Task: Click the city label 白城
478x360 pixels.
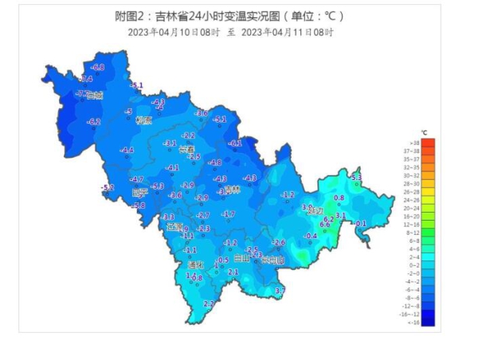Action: pyautogui.click(x=94, y=96)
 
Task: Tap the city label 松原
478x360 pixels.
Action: pyautogui.click(x=143, y=121)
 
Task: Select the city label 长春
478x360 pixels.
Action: pyautogui.click(x=186, y=149)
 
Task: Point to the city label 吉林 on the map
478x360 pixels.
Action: pyautogui.click(x=232, y=190)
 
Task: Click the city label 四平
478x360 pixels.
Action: pyautogui.click(x=140, y=192)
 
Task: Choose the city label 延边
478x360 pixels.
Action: pyautogui.click(x=315, y=211)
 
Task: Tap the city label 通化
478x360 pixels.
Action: pyautogui.click(x=195, y=264)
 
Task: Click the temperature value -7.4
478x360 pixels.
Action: pyautogui.click(x=86, y=80)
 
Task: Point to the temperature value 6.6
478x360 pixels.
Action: pyautogui.click(x=324, y=225)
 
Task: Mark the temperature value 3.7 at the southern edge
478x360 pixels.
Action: pyautogui.click(x=280, y=292)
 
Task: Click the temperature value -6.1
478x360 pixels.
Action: pyautogui.click(x=235, y=143)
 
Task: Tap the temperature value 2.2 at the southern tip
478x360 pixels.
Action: pyautogui.click(x=209, y=303)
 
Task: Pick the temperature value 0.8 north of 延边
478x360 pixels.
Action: pyautogui.click(x=339, y=198)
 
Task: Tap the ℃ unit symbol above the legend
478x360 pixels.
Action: pyautogui.click(x=425, y=132)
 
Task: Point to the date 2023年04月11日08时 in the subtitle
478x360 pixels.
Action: pyautogui.click(x=287, y=32)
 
